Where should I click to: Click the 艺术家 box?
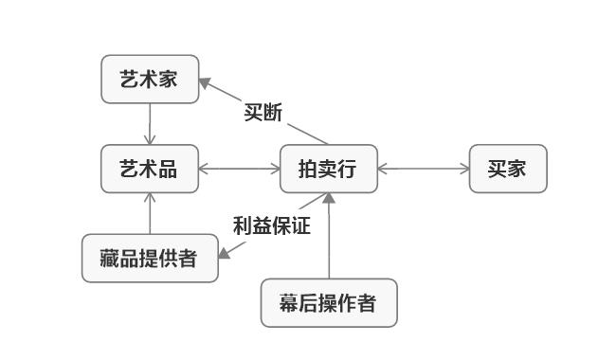tap(150, 79)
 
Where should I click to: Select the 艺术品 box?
tap(150, 170)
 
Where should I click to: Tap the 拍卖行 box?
tap(328, 170)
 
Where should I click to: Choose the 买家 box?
tap(508, 170)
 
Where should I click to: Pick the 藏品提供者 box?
tap(150, 258)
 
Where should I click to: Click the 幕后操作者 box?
tap(328, 303)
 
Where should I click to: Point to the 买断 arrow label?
tap(263, 112)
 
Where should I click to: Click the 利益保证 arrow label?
tap(271, 225)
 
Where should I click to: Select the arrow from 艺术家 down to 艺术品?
tap(150, 123)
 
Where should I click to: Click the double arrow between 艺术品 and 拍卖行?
tap(240, 170)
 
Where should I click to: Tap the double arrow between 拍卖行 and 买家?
tap(424, 170)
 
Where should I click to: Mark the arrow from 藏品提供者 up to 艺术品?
tap(150, 213)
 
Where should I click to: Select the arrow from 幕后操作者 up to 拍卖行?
tap(329, 237)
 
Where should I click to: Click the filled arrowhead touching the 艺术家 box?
tap(205, 84)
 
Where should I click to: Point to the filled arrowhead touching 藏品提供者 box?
tap(224, 253)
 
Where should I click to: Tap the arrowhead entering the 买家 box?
tap(464, 170)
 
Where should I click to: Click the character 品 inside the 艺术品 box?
tap(168, 170)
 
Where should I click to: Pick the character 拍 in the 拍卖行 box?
tap(308, 170)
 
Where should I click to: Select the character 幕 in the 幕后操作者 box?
tap(289, 303)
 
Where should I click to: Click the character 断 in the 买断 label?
tap(273, 112)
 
